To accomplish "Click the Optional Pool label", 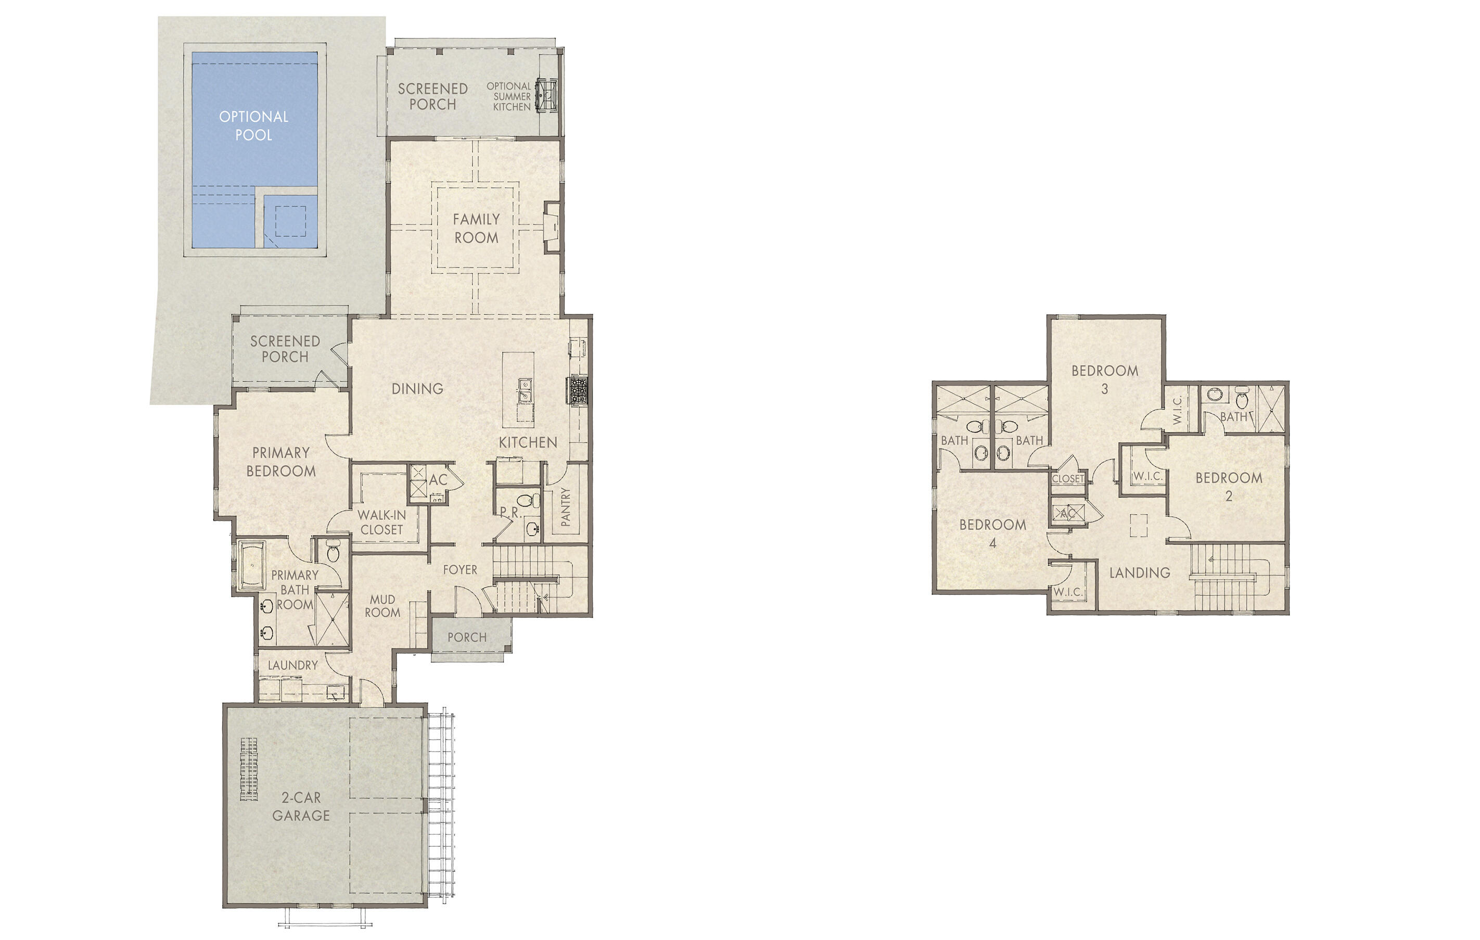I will tap(253, 125).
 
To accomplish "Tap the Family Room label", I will tap(476, 228).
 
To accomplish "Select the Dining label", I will tap(417, 388).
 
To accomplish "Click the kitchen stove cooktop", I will tap(578, 391).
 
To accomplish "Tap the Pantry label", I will tap(566, 506).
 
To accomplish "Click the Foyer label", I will tap(460, 570).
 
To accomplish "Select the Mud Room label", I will tap(382, 605).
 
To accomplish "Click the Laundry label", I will tap(292, 665).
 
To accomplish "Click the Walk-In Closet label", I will tap(381, 523).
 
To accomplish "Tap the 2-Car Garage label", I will tap(301, 806).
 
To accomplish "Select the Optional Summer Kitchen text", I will tap(509, 96).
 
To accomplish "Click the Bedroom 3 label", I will tap(1104, 379).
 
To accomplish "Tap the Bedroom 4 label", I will tap(992, 533).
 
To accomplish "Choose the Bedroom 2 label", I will tap(1229, 486).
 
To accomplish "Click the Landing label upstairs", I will tap(1140, 573).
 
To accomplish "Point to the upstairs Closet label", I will tap(1068, 478).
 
